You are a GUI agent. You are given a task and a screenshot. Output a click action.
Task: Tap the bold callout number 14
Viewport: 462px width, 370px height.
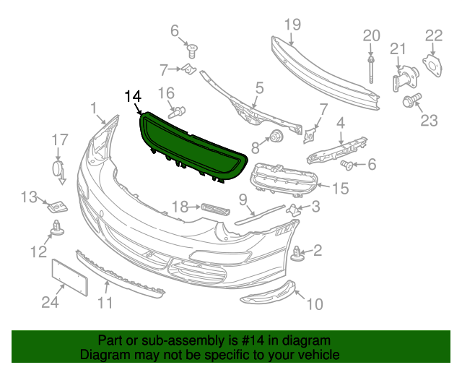133,96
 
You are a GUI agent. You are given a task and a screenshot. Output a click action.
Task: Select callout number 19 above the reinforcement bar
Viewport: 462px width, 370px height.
292,25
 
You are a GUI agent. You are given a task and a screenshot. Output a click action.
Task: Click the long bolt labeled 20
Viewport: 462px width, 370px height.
371,70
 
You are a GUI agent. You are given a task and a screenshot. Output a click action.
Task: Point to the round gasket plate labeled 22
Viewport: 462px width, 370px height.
433,66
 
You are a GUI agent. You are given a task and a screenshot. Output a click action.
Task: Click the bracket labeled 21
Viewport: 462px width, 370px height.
405,79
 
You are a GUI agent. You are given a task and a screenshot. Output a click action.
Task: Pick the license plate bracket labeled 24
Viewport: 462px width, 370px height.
70,277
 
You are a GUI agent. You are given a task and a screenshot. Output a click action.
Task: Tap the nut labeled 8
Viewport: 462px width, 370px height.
276,137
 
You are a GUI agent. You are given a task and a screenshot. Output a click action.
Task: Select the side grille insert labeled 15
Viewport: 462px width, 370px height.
284,180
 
